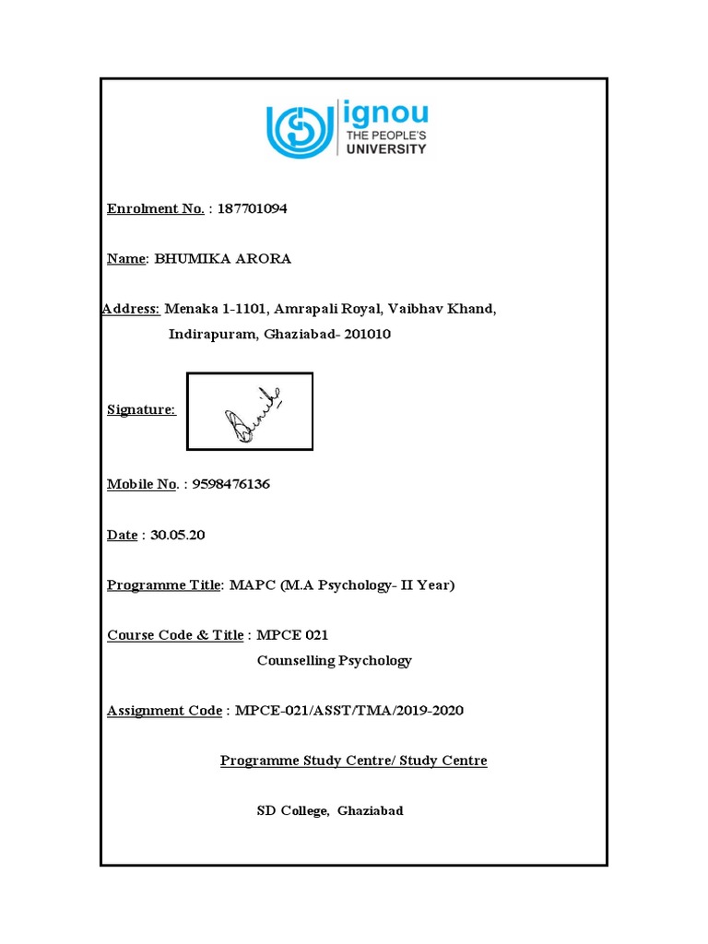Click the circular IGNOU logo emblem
point(301,129)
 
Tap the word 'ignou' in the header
point(386,114)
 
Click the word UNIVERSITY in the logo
point(385,148)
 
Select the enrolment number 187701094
point(252,208)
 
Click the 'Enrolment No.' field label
point(155,208)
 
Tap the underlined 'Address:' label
point(131,309)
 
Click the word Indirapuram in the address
point(211,334)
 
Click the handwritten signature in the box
point(250,413)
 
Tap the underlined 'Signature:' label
point(141,409)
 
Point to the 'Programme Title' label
point(164,584)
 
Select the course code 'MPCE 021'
point(292,635)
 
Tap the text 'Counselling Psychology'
point(334,660)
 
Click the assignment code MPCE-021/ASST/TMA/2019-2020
point(349,710)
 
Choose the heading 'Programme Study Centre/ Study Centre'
point(353,761)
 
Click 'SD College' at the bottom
point(292,811)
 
